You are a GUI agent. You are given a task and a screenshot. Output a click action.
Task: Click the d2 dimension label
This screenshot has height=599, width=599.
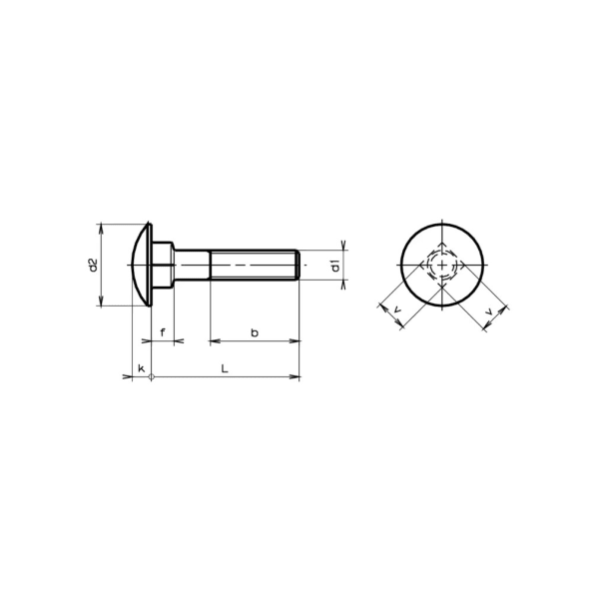point(92,266)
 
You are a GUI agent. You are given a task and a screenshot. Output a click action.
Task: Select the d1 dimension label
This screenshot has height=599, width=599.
point(335,266)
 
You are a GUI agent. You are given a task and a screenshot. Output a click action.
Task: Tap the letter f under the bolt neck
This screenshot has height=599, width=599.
point(163,330)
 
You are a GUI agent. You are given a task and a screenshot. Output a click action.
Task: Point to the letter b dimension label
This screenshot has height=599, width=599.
point(255,330)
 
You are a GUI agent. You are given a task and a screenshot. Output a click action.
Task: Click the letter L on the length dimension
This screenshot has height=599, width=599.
point(226,367)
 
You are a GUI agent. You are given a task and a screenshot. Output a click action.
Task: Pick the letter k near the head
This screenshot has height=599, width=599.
point(141,368)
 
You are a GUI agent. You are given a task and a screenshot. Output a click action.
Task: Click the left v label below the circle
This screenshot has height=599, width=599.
point(397,312)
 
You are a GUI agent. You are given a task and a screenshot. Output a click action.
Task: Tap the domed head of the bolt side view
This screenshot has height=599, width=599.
point(141,266)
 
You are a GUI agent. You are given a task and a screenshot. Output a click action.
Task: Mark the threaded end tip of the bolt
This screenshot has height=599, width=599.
point(297,266)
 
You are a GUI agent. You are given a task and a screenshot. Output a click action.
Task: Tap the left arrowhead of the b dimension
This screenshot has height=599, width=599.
point(214,341)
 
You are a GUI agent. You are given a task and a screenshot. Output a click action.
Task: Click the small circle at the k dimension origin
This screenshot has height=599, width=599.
point(151,377)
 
